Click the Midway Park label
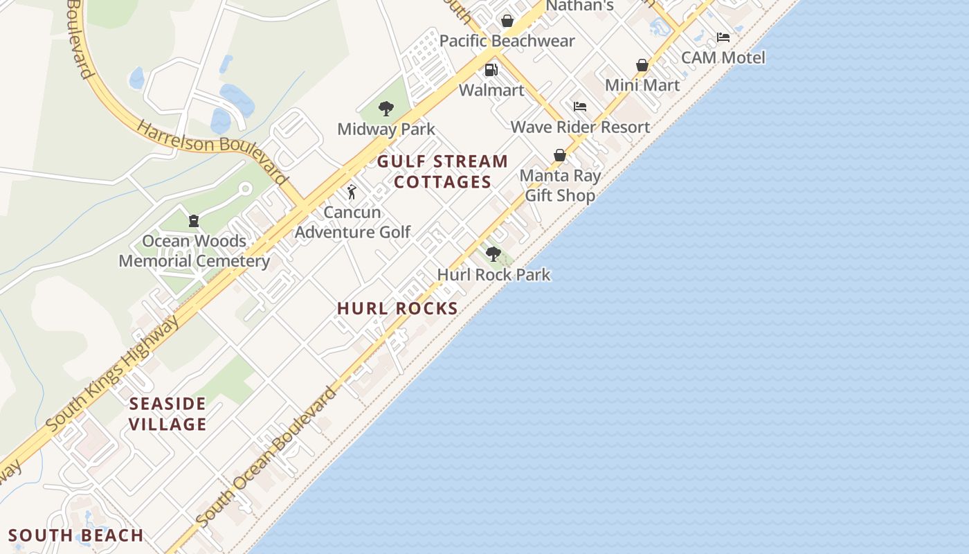click(x=386, y=129)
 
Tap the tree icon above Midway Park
click(x=386, y=109)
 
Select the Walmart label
click(x=491, y=90)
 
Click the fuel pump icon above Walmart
click(x=491, y=70)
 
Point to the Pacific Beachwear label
click(x=507, y=41)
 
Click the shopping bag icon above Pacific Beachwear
click(x=507, y=21)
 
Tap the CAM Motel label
click(x=723, y=57)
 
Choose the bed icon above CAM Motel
click(x=723, y=37)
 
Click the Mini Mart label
click(x=642, y=85)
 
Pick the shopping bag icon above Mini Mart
click(x=642, y=65)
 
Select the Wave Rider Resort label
click(x=580, y=127)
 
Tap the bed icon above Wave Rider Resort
click(x=580, y=107)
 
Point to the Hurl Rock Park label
click(x=493, y=274)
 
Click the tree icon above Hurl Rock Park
click(x=493, y=254)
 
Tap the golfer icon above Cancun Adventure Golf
click(x=352, y=192)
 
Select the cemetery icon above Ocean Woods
click(x=194, y=221)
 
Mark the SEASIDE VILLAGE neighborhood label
click(x=168, y=413)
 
